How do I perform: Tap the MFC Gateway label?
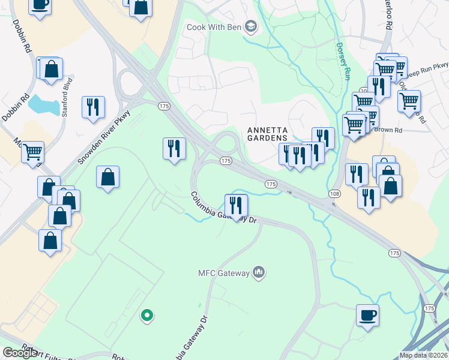223,273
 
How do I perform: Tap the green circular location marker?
146,314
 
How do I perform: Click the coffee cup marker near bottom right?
367,315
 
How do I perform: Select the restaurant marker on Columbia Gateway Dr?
236,205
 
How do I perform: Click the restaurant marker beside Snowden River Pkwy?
93,107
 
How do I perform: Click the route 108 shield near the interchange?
334,193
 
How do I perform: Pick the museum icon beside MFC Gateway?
259,273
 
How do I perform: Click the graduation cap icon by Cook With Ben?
250,27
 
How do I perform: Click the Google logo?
19,353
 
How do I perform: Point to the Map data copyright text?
423,355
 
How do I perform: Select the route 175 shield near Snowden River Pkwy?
164,106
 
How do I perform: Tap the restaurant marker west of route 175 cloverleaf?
174,148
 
